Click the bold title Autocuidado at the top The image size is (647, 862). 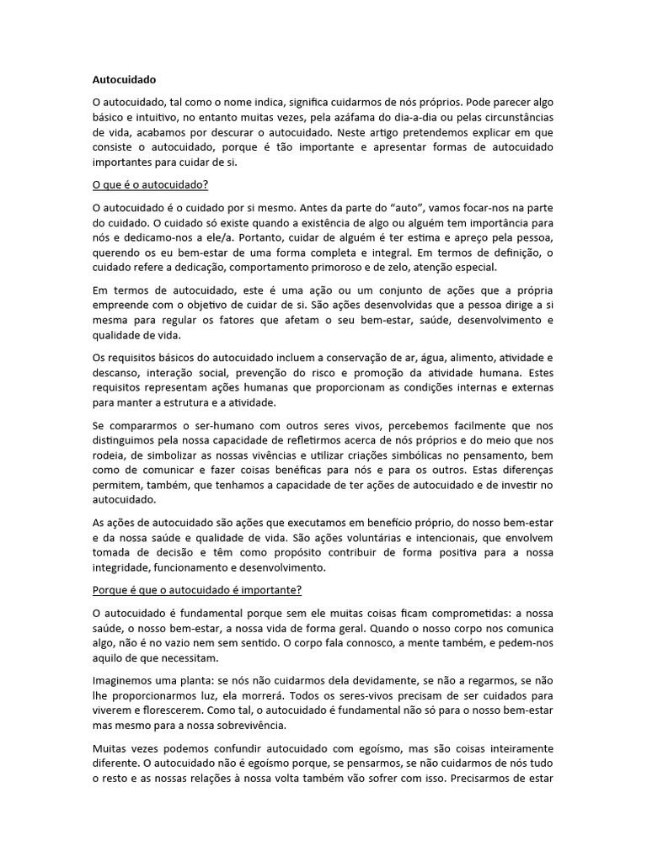point(124,81)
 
